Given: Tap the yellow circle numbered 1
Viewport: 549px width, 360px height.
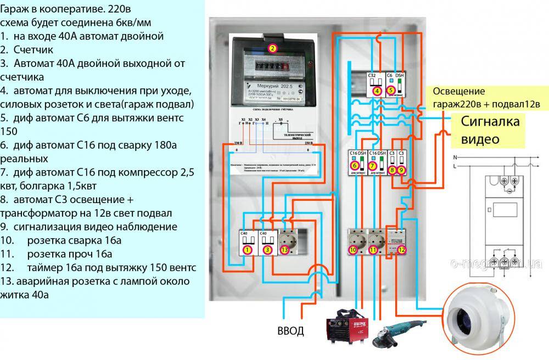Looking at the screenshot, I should coord(248,250).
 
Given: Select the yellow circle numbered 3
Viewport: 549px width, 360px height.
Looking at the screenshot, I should coord(267,250).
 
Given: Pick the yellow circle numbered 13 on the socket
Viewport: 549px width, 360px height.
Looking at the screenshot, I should coord(284,250).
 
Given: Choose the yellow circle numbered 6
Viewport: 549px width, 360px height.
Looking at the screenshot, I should coord(355,165).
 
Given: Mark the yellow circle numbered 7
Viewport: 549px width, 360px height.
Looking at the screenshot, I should coord(373,165).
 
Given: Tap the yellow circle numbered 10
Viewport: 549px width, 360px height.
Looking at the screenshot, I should coord(353,250).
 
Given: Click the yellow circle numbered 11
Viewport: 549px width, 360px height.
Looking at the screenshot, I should coord(374,250).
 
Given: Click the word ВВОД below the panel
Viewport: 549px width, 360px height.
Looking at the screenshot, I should coord(290,331).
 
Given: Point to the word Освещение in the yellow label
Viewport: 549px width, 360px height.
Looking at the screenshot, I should coord(459,91).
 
